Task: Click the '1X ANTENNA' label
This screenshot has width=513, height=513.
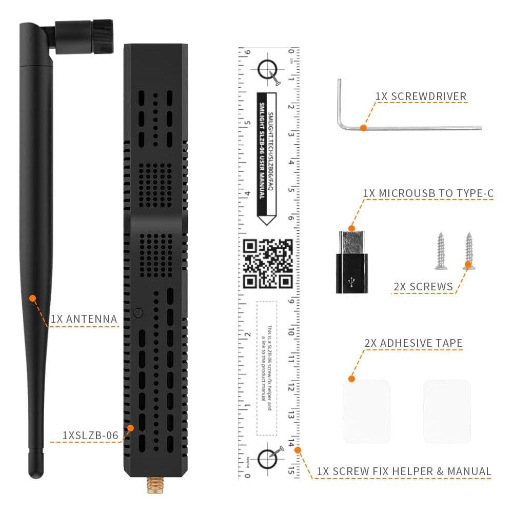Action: (x=84, y=319)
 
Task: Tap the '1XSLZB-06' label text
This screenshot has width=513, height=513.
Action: (x=90, y=435)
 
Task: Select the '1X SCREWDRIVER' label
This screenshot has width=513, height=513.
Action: (x=421, y=96)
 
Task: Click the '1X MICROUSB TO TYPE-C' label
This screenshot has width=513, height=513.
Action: (x=428, y=193)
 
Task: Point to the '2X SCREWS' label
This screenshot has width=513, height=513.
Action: (x=424, y=286)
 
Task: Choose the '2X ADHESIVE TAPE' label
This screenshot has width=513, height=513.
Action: (x=413, y=343)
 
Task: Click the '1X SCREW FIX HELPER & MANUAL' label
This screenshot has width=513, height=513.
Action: (x=404, y=471)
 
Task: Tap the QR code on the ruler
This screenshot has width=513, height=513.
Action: (x=267, y=263)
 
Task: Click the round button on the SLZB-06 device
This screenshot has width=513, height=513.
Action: (x=137, y=312)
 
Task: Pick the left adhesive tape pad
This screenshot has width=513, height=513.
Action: (x=366, y=411)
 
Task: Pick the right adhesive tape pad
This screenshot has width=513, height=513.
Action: (x=446, y=411)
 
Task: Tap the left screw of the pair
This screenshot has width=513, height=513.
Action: (x=440, y=251)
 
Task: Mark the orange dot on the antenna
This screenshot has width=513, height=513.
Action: (x=32, y=298)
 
